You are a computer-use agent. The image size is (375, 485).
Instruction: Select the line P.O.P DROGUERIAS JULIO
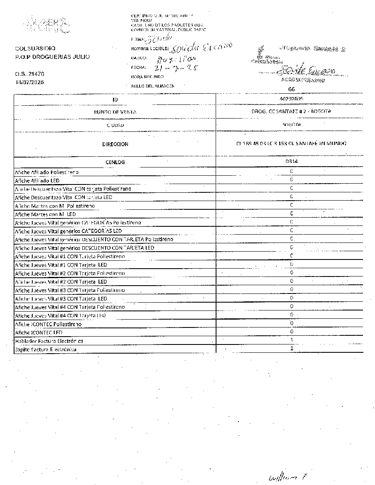click(52, 57)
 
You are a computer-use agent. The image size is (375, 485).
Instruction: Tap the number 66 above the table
click(292, 89)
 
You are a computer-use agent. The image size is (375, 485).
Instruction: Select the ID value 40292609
click(291, 99)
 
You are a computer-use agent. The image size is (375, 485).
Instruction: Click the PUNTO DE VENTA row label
click(115, 112)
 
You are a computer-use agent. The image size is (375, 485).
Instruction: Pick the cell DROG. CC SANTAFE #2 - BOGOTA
click(292, 112)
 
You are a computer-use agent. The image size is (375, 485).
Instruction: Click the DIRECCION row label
click(115, 144)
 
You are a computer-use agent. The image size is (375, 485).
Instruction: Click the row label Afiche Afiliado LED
click(37, 180)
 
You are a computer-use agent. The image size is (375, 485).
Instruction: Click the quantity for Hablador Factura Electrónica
click(292, 340)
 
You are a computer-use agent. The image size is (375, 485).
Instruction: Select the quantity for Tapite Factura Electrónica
click(292, 349)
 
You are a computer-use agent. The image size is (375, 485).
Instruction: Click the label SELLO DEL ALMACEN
click(152, 86)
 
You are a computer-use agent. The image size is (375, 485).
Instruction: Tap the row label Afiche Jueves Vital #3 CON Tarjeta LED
click(61, 298)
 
